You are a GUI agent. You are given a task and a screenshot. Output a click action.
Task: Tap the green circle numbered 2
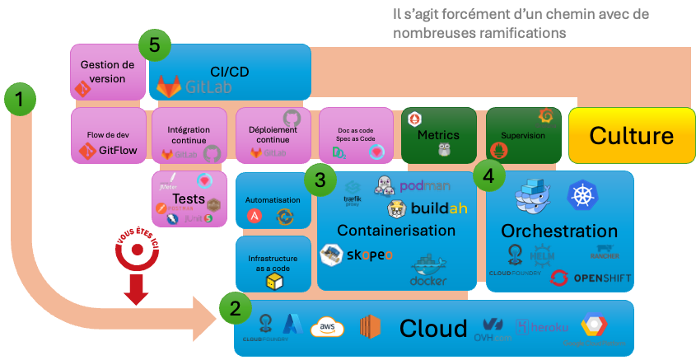click(x=236, y=309)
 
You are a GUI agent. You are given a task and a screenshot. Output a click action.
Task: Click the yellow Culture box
click(x=632, y=135)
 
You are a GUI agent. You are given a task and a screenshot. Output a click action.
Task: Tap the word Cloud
click(x=433, y=329)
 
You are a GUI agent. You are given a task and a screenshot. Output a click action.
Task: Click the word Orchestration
click(x=559, y=231)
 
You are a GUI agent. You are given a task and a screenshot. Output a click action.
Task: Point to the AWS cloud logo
click(x=326, y=328)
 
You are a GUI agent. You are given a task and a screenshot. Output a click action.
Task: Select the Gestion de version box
click(x=107, y=72)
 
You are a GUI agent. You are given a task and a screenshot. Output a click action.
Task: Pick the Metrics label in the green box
click(x=438, y=134)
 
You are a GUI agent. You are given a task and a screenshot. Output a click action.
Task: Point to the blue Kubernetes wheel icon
click(x=582, y=195)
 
